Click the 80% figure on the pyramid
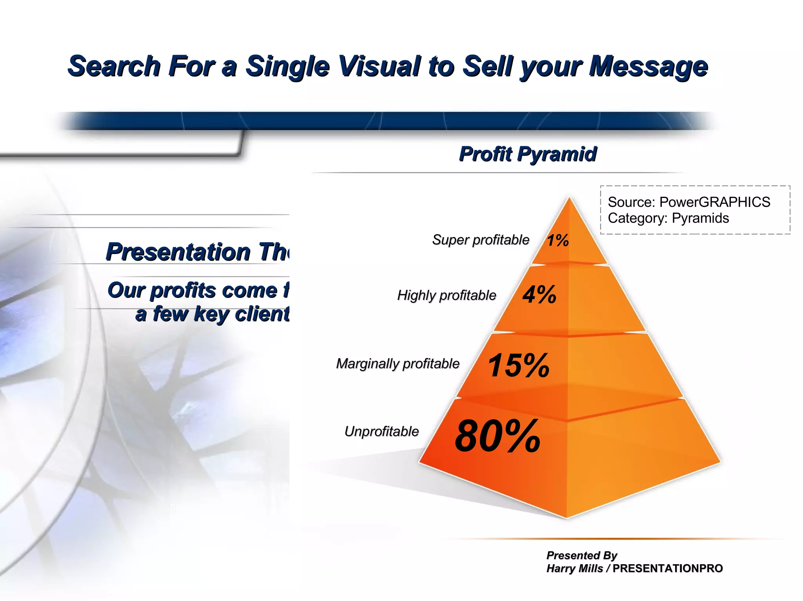pyautogui.click(x=497, y=436)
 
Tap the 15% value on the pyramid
pyautogui.click(x=518, y=365)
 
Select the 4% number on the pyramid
pyautogui.click(x=539, y=294)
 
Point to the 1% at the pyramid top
pyautogui.click(x=558, y=240)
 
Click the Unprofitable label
pyautogui.click(x=382, y=431)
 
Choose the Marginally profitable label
pyautogui.click(x=398, y=364)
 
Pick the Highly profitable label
pyautogui.click(x=447, y=295)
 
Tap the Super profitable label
pyautogui.click(x=481, y=240)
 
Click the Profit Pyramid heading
pyautogui.click(x=528, y=154)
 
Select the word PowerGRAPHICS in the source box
pyautogui.click(x=714, y=202)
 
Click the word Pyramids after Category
pyautogui.click(x=700, y=218)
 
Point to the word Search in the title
pyautogui.click(x=114, y=66)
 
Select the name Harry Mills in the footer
pyautogui.click(x=574, y=568)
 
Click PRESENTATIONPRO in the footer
pyautogui.click(x=667, y=568)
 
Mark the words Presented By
pyautogui.click(x=581, y=555)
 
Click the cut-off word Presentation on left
pyautogui.click(x=178, y=252)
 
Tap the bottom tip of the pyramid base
pyautogui.click(x=567, y=518)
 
